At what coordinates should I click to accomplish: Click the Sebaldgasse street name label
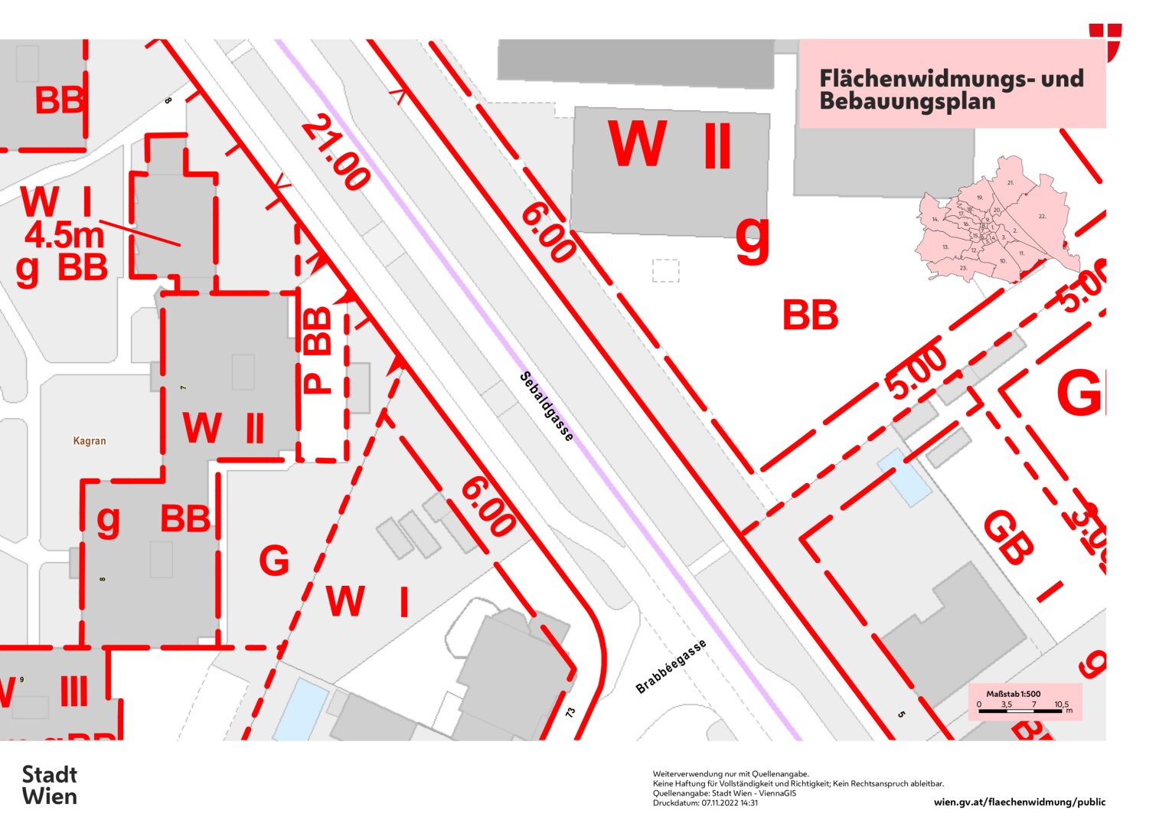click(x=547, y=407)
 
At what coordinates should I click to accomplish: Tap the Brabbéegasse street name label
click(x=671, y=666)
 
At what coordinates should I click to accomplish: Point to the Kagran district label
click(x=90, y=441)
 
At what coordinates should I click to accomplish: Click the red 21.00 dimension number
click(x=335, y=152)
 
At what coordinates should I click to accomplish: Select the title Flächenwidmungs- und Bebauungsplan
click(x=951, y=90)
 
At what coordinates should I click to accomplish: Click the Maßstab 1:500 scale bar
click(x=1024, y=703)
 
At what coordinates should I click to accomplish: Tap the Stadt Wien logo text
click(x=50, y=785)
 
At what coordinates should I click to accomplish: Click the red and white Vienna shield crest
click(x=1105, y=41)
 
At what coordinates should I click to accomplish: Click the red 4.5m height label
click(x=64, y=235)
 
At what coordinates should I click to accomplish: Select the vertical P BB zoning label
click(x=318, y=350)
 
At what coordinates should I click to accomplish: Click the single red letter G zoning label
click(x=274, y=561)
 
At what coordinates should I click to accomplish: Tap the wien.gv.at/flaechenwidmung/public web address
click(x=1020, y=802)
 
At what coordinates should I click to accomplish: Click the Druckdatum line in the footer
click(x=705, y=803)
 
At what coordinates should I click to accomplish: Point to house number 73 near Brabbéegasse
click(x=570, y=712)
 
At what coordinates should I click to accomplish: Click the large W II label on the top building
click(x=669, y=145)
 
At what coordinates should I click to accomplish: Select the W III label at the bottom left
click(x=46, y=692)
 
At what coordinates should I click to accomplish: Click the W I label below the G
click(x=367, y=602)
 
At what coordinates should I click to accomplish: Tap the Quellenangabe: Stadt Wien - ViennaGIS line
click(x=724, y=793)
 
